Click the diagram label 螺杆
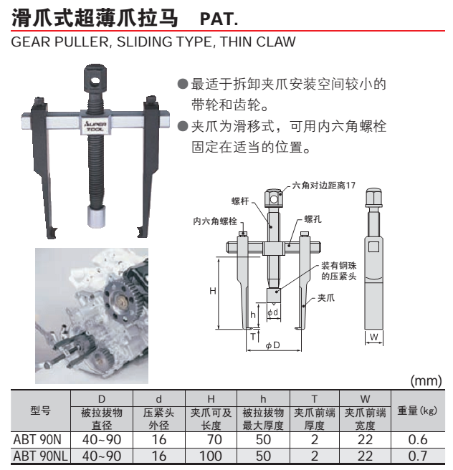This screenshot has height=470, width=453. pos(239,202)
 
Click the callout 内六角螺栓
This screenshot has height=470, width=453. pos(215,222)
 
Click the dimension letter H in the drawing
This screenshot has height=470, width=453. pos(213,291)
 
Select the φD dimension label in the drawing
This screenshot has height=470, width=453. pos(272,347)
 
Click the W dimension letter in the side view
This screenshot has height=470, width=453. pos(373,336)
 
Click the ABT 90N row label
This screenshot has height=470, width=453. pos(39,441)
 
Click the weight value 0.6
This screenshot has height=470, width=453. pos(417,441)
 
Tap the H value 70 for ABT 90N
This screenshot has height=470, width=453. pos(211,441)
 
